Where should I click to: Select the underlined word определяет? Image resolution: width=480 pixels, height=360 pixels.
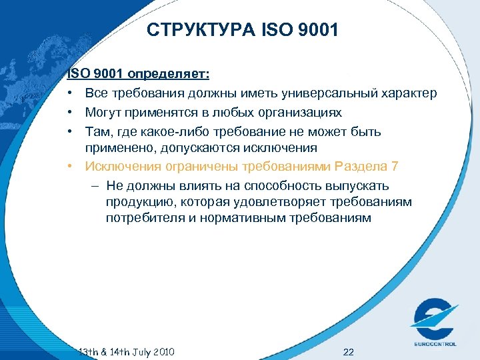coord(169,74)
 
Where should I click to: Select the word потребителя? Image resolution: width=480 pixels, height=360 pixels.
coord(147,218)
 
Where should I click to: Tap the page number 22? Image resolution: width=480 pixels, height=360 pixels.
coord(348,351)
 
